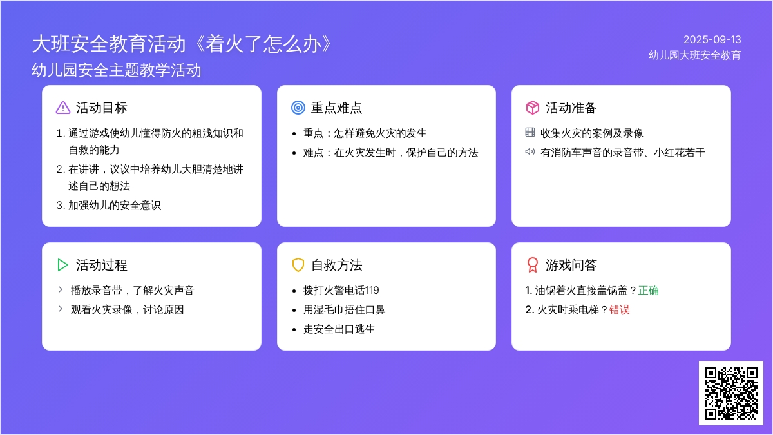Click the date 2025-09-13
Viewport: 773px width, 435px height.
[712, 40]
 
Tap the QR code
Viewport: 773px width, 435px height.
[731, 393]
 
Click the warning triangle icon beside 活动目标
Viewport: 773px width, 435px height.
[63, 108]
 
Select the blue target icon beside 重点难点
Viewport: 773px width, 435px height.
[298, 108]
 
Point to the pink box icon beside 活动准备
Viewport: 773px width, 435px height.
[533, 108]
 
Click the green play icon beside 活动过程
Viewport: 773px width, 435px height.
[62, 265]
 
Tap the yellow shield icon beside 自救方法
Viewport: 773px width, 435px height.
[298, 265]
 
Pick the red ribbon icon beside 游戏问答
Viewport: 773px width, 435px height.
[533, 265]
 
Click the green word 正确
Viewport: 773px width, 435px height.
[649, 291]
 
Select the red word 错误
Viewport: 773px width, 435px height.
[620, 310]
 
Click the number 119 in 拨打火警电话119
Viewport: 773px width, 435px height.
[372, 291]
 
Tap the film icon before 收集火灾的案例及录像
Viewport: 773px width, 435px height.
[530, 132]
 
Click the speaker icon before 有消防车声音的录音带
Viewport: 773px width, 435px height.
[530, 151]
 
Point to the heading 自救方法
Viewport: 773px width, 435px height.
[337, 265]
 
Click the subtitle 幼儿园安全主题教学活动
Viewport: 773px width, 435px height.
[117, 70]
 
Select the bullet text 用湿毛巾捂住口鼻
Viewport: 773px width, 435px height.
[344, 310]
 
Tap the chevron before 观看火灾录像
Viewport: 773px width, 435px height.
[61, 309]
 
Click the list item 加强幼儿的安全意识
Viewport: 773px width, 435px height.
[115, 206]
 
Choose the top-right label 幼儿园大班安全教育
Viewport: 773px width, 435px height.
[694, 55]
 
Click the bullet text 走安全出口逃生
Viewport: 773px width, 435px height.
[339, 329]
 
